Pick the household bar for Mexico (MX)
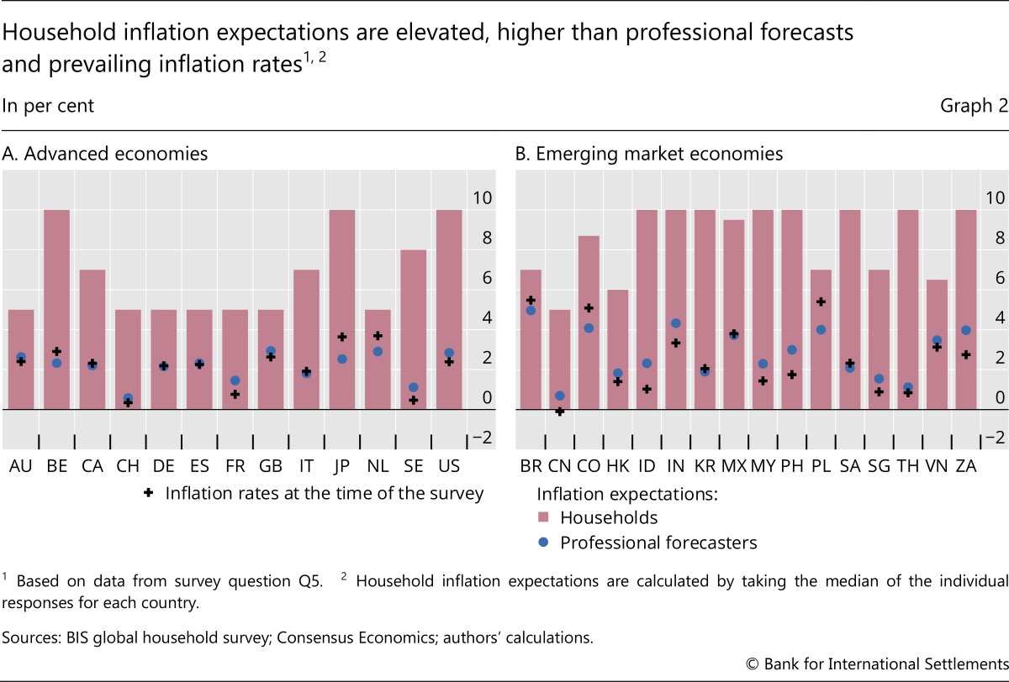point(734,314)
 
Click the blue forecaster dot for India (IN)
point(675,323)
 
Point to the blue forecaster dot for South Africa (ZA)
point(966,330)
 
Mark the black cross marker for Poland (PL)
point(821,302)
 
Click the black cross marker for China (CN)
point(560,412)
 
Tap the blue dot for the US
point(449,354)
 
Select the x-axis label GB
point(272,465)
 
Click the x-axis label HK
point(618,465)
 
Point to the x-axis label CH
point(128,465)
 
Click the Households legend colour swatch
point(544,517)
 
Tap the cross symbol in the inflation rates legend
point(149,493)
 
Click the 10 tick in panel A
point(482,198)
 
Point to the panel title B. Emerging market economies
point(648,155)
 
